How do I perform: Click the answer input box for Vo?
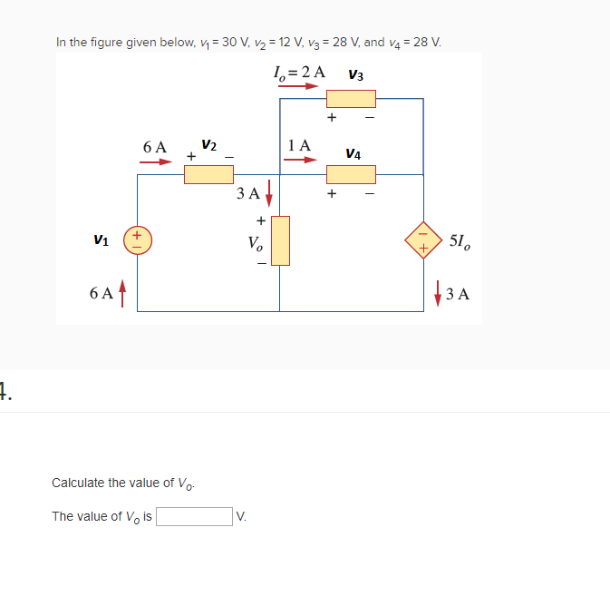click(x=195, y=516)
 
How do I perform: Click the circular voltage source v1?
click(x=138, y=239)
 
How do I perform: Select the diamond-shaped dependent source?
click(x=423, y=240)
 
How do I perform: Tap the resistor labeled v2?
click(x=208, y=173)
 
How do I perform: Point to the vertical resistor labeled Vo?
click(x=280, y=240)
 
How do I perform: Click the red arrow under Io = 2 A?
click(x=298, y=87)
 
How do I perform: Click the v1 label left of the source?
click(x=102, y=240)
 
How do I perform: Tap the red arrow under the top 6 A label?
click(x=155, y=162)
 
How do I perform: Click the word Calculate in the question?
click(x=79, y=483)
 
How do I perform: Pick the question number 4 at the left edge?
click(x=5, y=393)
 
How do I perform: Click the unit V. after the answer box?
click(x=241, y=517)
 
